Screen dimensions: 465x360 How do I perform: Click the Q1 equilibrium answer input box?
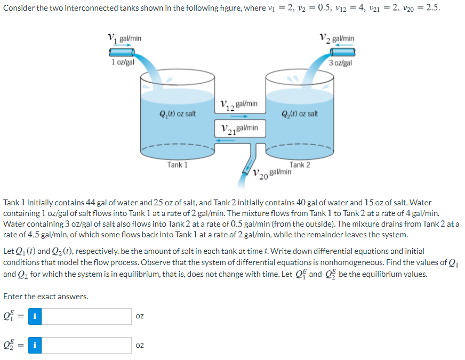coord(87,316)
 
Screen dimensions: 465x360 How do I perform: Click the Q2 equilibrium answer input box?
coord(87,345)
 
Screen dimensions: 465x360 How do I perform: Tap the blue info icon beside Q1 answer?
coord(35,316)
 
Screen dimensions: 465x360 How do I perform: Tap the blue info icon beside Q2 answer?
coord(35,345)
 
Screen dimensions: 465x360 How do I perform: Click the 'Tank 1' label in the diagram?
coord(177,165)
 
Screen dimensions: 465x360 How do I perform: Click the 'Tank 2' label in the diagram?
coord(300,165)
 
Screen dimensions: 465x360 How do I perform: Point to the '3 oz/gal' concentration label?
coord(340,62)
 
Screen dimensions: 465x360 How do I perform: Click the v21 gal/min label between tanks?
coord(239,129)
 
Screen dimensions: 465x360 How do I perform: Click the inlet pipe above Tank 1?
coord(122,52)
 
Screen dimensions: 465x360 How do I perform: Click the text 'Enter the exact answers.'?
coord(46,297)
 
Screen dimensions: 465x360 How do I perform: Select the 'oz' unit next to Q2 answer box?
coord(140,345)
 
